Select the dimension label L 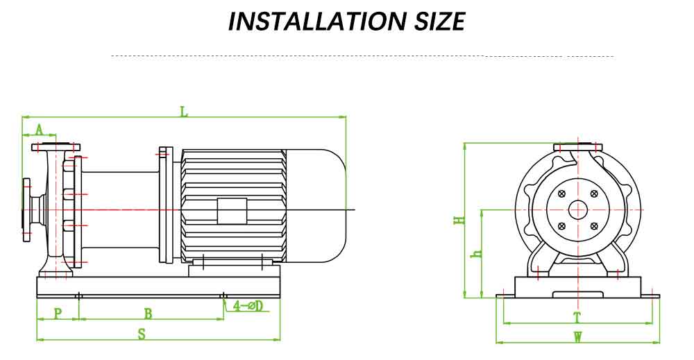pos(184,111)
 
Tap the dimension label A pos(40,129)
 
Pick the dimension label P pos(58,314)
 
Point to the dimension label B pos(148,314)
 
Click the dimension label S pos(142,334)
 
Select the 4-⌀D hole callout pos(248,306)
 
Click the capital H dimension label pos(459,221)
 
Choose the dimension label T pos(577,318)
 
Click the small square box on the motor pos(232,210)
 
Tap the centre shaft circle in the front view pos(577,209)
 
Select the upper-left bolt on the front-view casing pos(561,194)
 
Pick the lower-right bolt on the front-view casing pos(593,226)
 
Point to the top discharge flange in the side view pos(56,146)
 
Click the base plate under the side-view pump pos(158,286)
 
